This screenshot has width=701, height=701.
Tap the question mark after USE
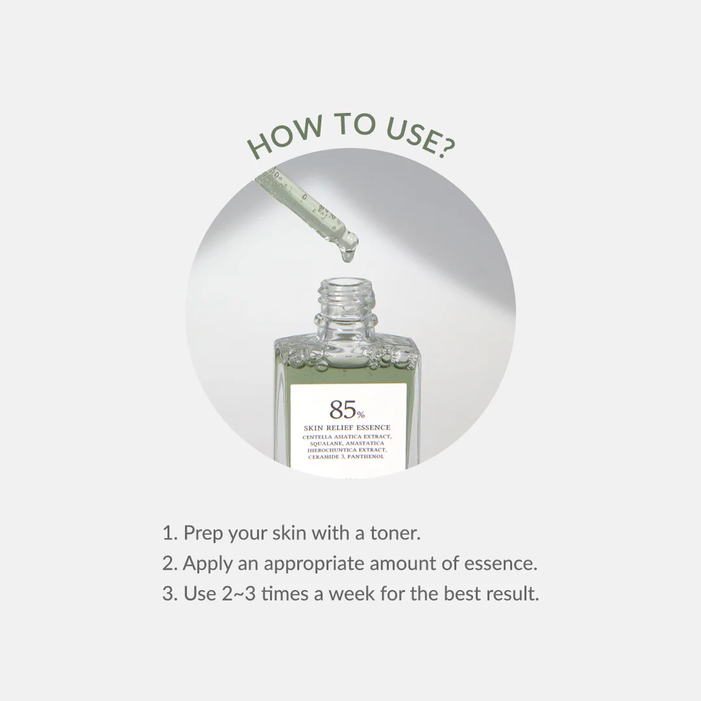coord(445,149)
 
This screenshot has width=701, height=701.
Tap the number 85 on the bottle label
coord(342,410)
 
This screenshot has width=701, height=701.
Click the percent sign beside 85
coord(362,414)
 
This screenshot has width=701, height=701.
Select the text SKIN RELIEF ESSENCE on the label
coord(347,428)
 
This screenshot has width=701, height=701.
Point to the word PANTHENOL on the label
coord(366,456)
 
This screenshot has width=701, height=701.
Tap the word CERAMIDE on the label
coord(324,456)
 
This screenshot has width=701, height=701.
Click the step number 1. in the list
coord(170,534)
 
